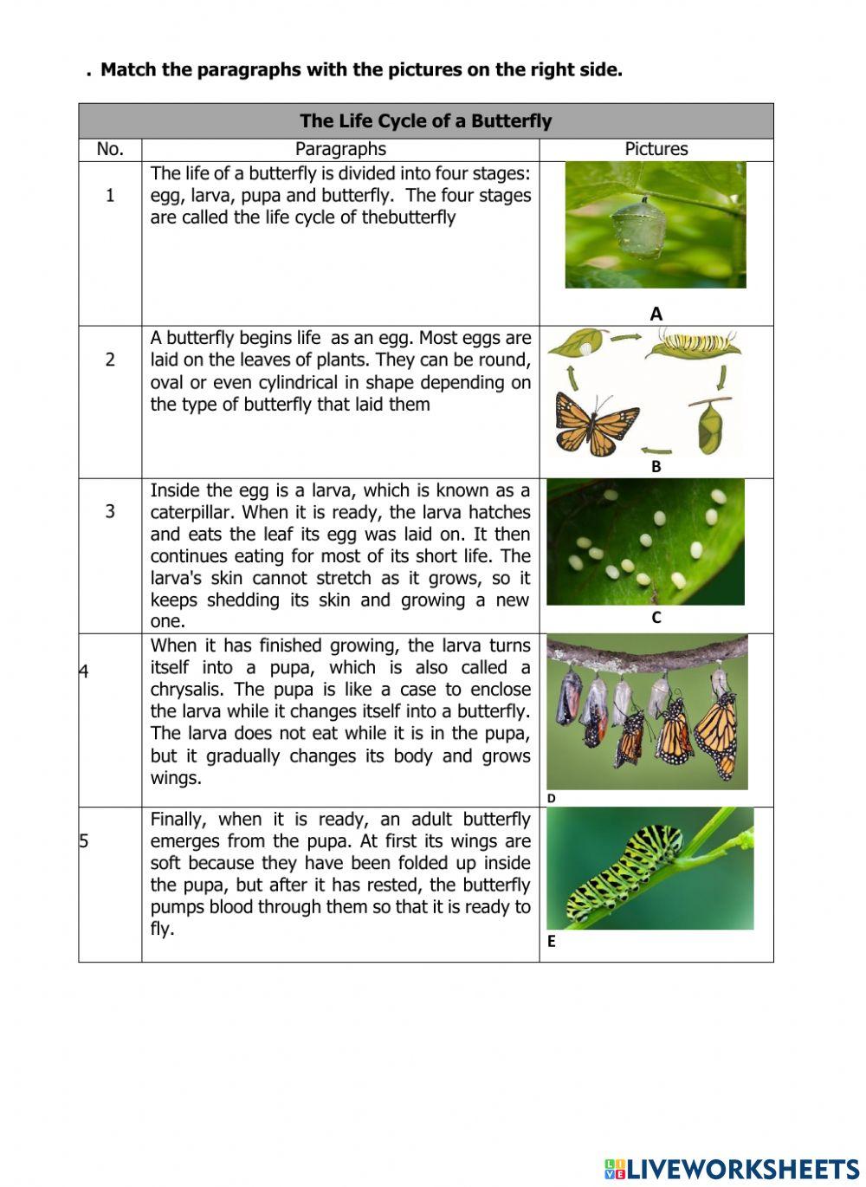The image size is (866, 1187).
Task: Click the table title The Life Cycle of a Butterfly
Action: (x=425, y=121)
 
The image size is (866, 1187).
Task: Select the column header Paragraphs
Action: (x=340, y=149)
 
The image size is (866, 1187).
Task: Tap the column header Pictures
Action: (x=656, y=149)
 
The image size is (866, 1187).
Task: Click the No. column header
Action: (x=110, y=149)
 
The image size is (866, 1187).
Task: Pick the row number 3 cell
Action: (x=110, y=511)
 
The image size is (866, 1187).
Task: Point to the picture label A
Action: (x=656, y=314)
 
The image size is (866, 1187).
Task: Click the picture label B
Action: (x=656, y=466)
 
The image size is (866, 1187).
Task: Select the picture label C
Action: (x=656, y=618)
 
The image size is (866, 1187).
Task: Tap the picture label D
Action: (x=552, y=798)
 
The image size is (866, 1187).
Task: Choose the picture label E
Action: (x=552, y=942)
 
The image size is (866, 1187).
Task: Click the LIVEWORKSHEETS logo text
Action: (x=741, y=1168)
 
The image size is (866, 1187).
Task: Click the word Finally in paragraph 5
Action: (x=178, y=820)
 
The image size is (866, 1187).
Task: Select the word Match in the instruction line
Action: (x=128, y=70)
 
